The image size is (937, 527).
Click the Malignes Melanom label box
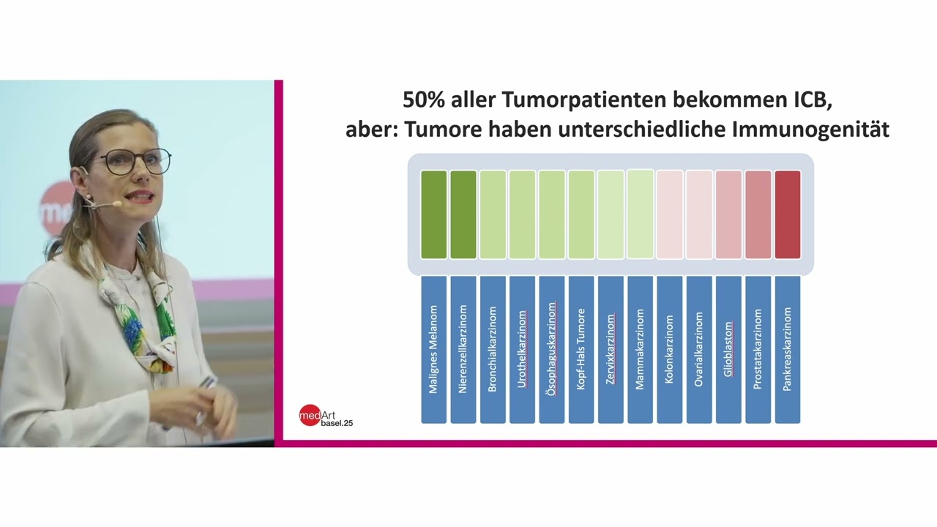point(433,349)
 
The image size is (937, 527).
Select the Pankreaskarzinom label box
point(787,349)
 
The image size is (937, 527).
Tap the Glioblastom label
point(728,349)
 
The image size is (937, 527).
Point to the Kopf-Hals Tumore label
point(581,349)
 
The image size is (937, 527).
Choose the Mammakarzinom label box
point(640,349)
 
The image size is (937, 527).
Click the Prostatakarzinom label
point(758,349)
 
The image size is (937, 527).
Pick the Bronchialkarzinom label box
point(493,349)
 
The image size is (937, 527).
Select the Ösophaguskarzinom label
point(551,349)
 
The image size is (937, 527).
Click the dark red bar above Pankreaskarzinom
point(787,214)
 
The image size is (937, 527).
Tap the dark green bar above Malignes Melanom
point(433,214)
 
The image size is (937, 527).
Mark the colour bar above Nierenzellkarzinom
point(463,214)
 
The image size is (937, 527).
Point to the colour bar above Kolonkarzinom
point(669,214)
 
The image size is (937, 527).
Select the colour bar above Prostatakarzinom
point(758,214)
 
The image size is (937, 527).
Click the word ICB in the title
point(812,100)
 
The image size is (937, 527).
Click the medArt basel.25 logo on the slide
point(326,416)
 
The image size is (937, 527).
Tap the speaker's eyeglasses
point(132,162)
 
